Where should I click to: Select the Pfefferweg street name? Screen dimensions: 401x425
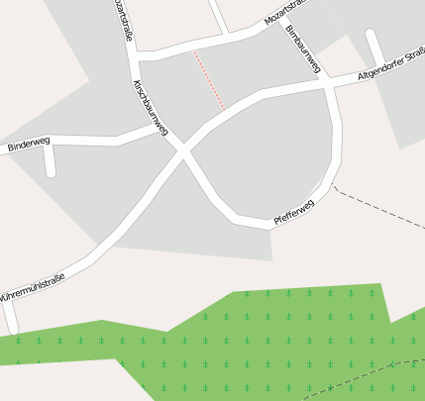293,211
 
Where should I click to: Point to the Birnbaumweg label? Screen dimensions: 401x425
303,50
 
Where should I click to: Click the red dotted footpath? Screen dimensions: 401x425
209,80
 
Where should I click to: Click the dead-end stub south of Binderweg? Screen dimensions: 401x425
50,160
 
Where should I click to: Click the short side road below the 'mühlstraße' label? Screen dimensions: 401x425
10,315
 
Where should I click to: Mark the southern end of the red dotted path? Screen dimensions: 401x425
225,108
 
